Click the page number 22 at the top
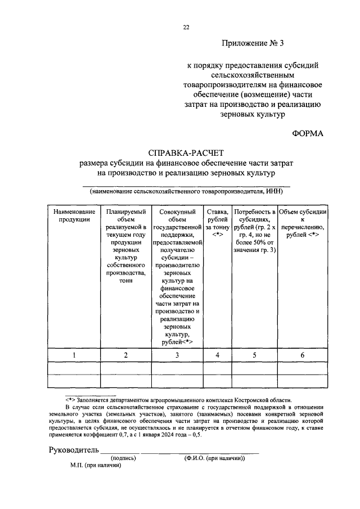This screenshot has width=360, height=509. point(186,27)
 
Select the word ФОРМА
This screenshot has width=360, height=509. point(308,133)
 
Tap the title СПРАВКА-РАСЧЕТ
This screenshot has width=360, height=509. point(186,153)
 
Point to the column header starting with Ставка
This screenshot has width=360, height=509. point(218,222)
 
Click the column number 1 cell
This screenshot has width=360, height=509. point(74,355)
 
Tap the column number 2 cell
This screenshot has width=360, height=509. point(126,355)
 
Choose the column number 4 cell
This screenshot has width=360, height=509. point(218,355)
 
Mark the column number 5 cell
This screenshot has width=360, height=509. point(254,355)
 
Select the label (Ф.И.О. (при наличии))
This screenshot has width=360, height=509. point(214,458)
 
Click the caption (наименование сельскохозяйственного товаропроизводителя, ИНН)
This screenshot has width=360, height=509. point(186,191)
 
